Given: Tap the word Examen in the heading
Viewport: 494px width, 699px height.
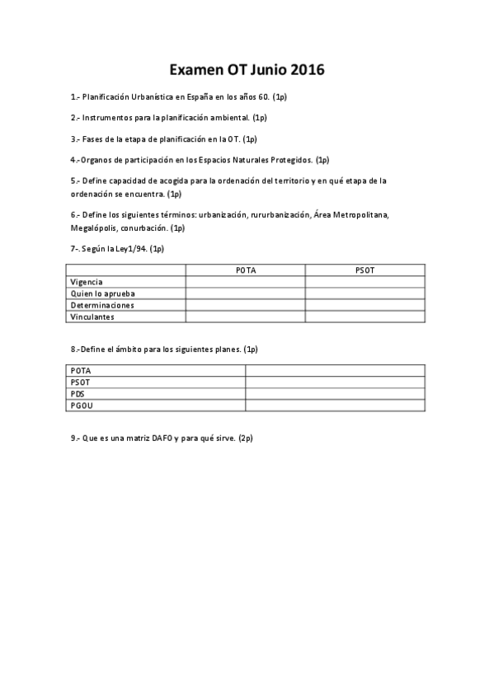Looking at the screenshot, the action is (x=196, y=69).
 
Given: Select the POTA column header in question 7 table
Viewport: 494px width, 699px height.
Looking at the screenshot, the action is (x=245, y=270).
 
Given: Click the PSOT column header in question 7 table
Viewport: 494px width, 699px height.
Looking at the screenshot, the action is (x=365, y=270).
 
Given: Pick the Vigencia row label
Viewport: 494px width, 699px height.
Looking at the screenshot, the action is (x=87, y=281).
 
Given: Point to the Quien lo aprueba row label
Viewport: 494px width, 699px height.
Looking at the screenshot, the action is (x=103, y=293).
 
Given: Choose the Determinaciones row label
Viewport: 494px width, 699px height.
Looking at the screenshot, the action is (x=103, y=304).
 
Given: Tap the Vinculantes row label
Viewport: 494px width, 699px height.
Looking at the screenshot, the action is (x=93, y=316).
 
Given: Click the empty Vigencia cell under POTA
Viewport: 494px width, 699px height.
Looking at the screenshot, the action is (x=245, y=281).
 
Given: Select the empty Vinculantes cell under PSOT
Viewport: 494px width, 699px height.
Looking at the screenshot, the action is (x=365, y=316).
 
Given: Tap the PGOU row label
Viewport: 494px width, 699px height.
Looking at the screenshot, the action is (x=82, y=406).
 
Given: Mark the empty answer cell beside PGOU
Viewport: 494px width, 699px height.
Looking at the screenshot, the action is (x=335, y=406).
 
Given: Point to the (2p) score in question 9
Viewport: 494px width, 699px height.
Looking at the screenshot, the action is (x=245, y=438).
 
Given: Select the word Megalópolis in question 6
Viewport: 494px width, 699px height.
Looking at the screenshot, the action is (x=96, y=228).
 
